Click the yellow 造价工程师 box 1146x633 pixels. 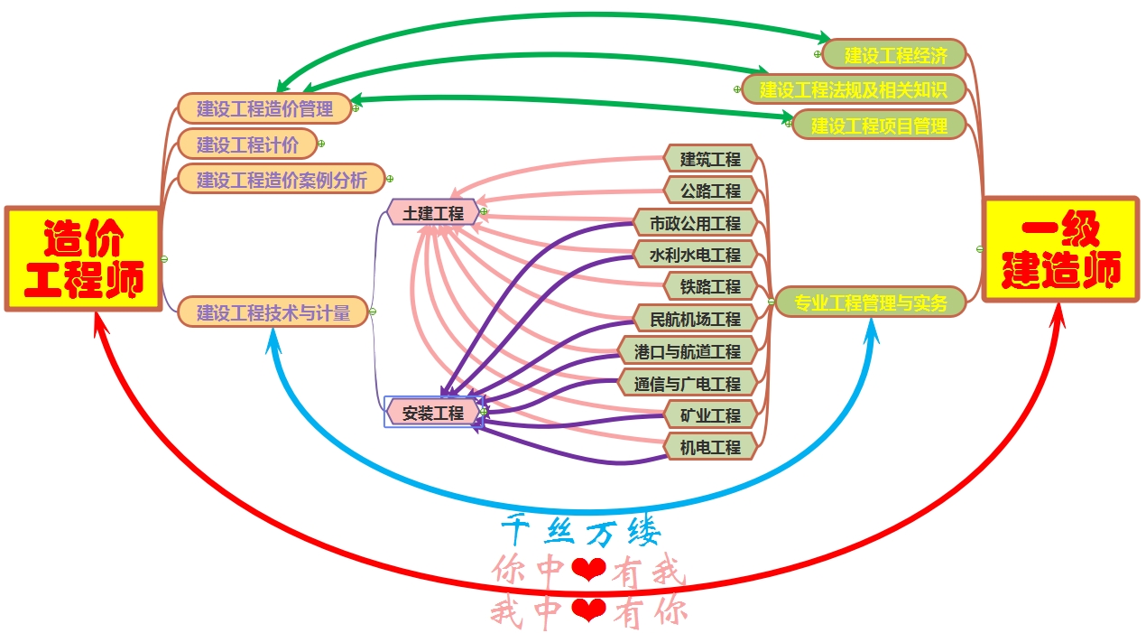coord(84,259)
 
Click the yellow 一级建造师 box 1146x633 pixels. coord(1060,248)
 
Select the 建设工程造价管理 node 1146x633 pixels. coord(263,108)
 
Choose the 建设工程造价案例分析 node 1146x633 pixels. coord(281,179)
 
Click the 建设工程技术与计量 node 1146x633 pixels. coord(272,312)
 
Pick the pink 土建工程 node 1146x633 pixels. coord(433,212)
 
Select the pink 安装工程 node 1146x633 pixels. coord(433,413)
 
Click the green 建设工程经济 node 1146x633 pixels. coord(894,54)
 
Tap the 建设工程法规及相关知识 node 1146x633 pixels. coord(853,89)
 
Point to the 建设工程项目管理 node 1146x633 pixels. coord(879,125)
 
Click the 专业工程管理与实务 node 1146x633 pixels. coord(871,302)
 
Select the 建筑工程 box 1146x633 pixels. coord(710,159)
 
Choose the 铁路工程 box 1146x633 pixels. coord(710,286)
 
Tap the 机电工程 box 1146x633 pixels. coord(710,446)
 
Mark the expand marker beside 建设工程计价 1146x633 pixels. coord(321,144)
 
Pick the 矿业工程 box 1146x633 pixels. coord(710,414)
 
